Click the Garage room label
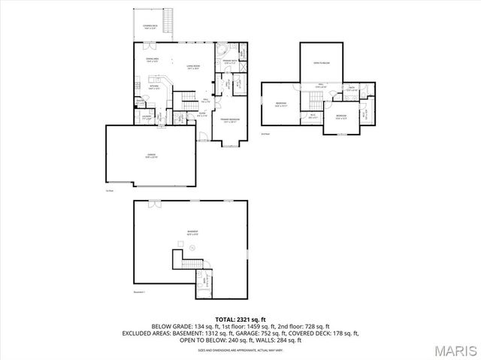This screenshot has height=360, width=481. tap(150, 156)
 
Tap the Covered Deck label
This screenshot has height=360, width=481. tap(150, 26)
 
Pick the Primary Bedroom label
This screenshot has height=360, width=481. tap(230, 120)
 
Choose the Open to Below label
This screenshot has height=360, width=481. tap(322, 64)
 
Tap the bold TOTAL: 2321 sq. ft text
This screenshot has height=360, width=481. tap(240, 319)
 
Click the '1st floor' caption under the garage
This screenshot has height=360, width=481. tap(110, 189)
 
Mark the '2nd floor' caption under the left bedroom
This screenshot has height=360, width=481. tap(265, 134)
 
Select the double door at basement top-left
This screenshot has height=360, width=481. tap(155, 204)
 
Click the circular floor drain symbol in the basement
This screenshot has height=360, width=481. tap(193, 246)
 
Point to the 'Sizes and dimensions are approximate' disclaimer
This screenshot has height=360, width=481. tap(240, 350)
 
